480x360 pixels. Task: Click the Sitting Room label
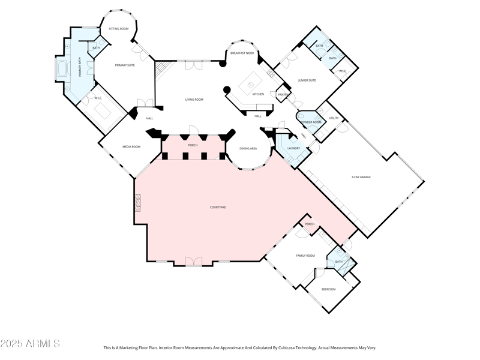pos(118,29)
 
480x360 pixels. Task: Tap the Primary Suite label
pos(125,65)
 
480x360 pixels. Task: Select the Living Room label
pos(194,100)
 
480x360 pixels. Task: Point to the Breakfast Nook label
pos(242,53)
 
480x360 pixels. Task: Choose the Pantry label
pos(283,94)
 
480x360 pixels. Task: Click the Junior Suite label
pos(307,80)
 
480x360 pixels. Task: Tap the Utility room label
pos(334,118)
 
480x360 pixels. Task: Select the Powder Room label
pos(310,122)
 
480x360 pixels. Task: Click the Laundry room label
pos(294,148)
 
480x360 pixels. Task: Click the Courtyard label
pos(218,207)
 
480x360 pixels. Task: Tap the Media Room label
pos(131,146)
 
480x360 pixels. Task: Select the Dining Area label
pos(248,148)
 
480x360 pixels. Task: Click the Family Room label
pos(305,256)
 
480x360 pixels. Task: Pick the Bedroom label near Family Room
pos(328,289)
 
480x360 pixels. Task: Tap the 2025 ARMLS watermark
pos(30,344)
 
